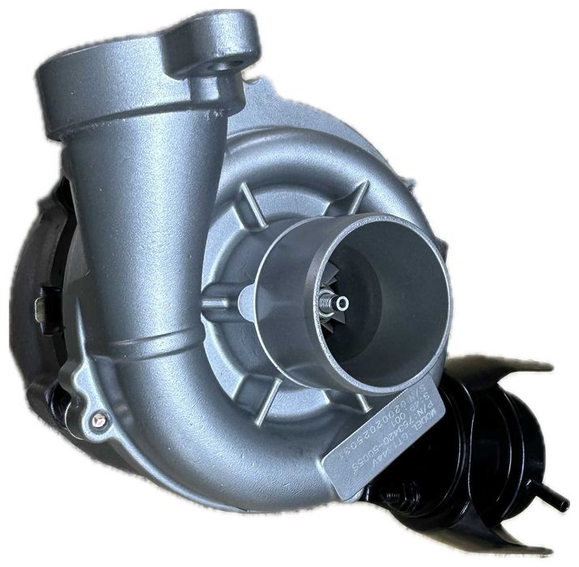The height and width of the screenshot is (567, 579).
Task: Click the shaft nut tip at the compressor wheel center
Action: coord(343,303)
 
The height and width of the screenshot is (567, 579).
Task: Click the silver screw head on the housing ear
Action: coord(100,419)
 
